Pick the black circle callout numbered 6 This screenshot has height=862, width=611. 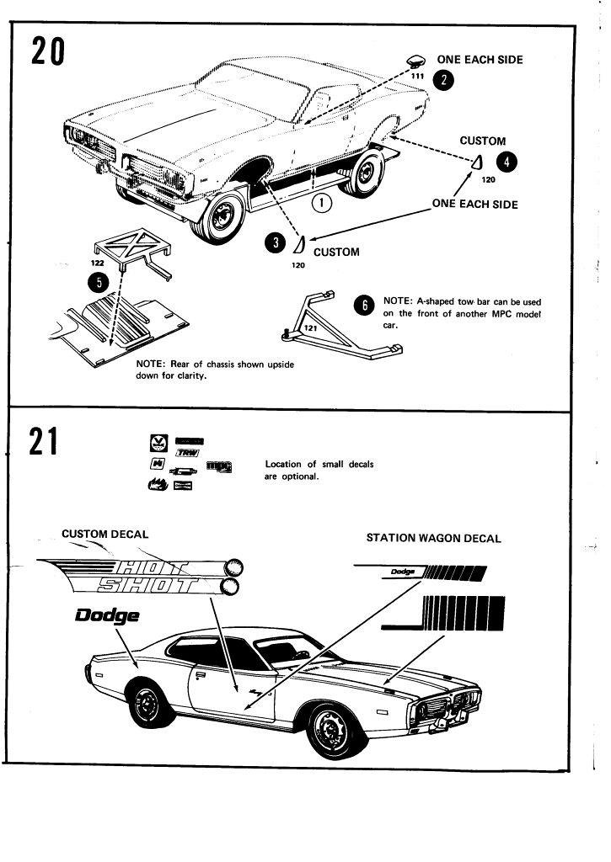tap(364, 306)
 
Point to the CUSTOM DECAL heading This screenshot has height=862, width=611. tap(105, 534)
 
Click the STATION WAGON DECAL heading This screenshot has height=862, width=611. tap(433, 538)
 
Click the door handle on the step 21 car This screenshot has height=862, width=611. tap(201, 675)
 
